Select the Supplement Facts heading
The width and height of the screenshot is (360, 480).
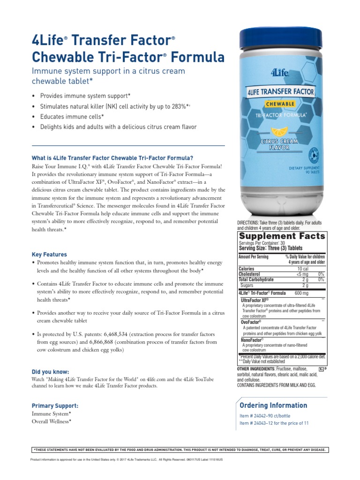(282, 236)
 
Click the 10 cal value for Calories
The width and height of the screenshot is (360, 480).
(302, 269)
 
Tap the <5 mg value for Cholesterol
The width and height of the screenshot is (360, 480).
(302, 274)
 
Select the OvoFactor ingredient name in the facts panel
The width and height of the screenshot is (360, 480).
(251, 322)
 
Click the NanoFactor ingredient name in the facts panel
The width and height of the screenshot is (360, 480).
(252, 339)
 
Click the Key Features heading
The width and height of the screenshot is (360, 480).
(49, 255)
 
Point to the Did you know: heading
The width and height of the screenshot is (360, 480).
(50, 372)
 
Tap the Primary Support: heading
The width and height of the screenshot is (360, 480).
(55, 405)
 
